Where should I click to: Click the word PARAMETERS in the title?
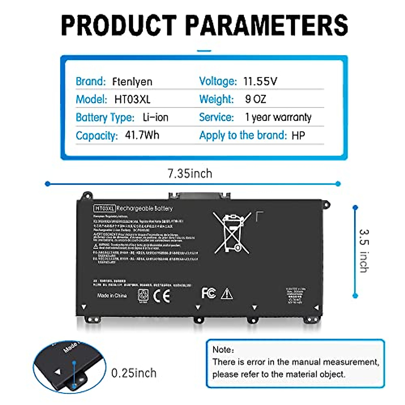pyautogui.click(x=267, y=25)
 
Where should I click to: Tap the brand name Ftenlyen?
pyautogui.click(x=132, y=82)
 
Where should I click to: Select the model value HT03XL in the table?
pyautogui.click(x=132, y=99)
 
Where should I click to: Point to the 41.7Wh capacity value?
pyautogui.click(x=142, y=135)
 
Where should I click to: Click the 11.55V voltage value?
pyautogui.click(x=260, y=81)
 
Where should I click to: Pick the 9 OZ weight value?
pyautogui.click(x=255, y=99)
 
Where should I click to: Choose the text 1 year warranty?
pyautogui.click(x=278, y=117)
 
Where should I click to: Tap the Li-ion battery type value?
pyautogui.click(x=155, y=117)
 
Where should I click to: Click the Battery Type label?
pyautogui.click(x=105, y=117)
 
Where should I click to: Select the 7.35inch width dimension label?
pyautogui.click(x=190, y=173)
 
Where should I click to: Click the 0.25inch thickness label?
pyautogui.click(x=134, y=373)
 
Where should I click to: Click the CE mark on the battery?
pyautogui.click(x=162, y=296)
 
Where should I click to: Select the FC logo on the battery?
pyautogui.click(x=209, y=293)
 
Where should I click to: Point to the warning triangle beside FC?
pyautogui.click(x=227, y=294)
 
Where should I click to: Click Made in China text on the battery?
pyautogui.click(x=112, y=296)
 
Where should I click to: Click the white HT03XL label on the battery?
pyautogui.click(x=104, y=209)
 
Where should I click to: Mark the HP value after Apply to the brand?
pyautogui.click(x=298, y=136)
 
